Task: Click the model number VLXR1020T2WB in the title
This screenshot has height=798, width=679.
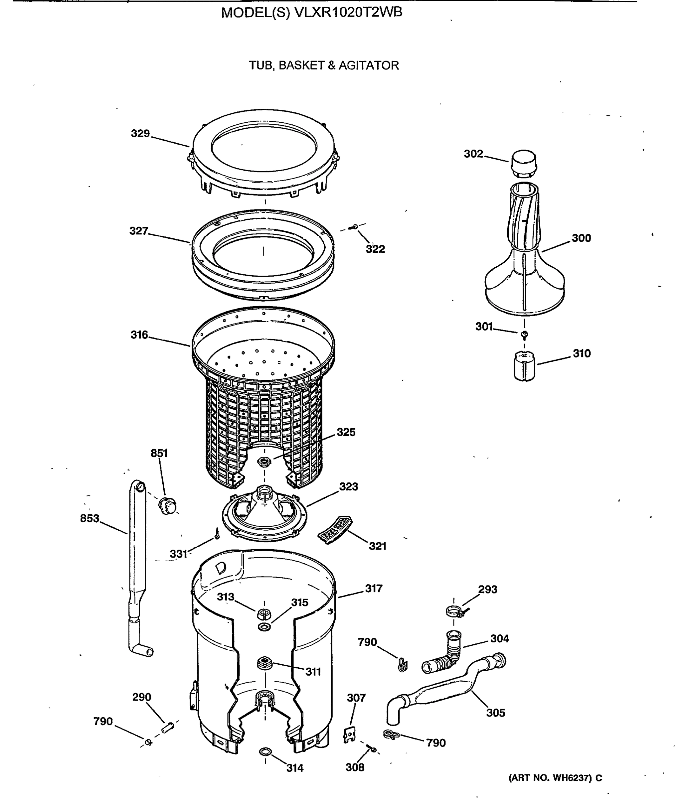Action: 348,13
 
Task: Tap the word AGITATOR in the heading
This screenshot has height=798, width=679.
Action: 368,66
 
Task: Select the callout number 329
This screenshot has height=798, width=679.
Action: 140,134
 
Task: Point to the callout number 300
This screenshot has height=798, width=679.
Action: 581,238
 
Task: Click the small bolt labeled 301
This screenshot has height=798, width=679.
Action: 524,334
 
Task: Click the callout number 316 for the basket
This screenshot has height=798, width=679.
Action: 139,335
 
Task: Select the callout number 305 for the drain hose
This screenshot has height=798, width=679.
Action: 495,713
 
